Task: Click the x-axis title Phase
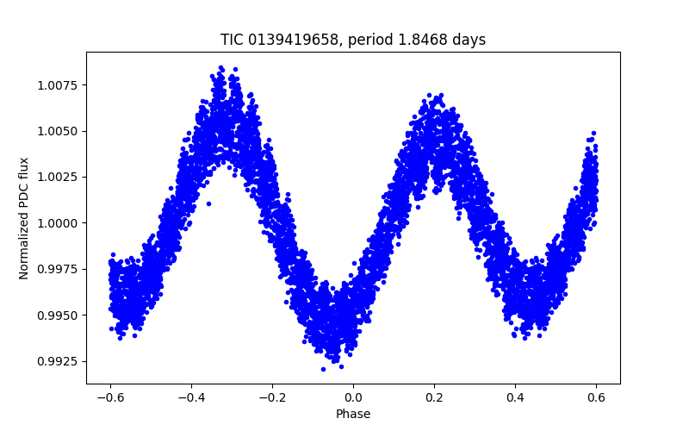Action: pos(353,414)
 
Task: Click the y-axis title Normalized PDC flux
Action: pos(24,218)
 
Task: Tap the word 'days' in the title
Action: pos(468,40)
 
